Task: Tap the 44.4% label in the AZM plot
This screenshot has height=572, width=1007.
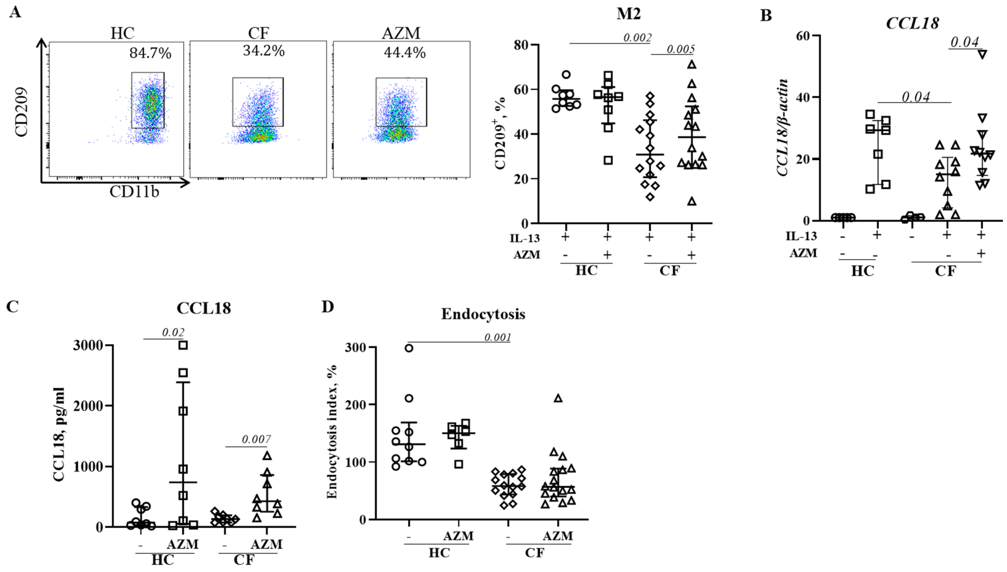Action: (x=405, y=52)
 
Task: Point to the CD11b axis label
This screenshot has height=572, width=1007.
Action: (x=134, y=192)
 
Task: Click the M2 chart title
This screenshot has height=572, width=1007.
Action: (x=628, y=14)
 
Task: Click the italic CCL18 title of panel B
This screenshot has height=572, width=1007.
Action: (x=912, y=23)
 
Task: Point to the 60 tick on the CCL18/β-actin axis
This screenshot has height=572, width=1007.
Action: (x=803, y=36)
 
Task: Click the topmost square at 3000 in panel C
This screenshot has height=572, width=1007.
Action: (x=183, y=345)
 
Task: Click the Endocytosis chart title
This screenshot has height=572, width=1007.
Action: (x=483, y=314)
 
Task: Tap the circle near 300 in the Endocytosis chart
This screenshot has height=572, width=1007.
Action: (x=409, y=348)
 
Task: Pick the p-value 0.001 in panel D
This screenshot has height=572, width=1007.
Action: (x=497, y=337)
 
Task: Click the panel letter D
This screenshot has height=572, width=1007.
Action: (x=328, y=306)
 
